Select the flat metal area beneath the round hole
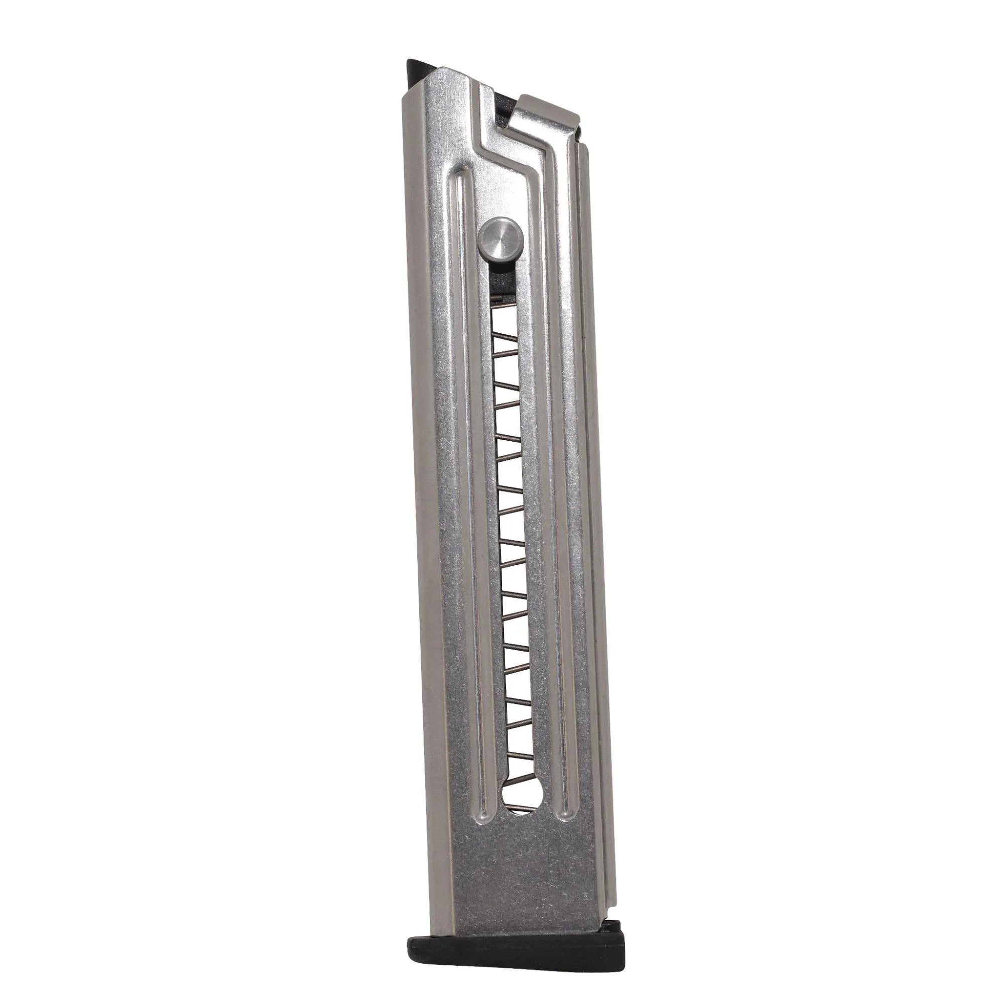525,857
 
